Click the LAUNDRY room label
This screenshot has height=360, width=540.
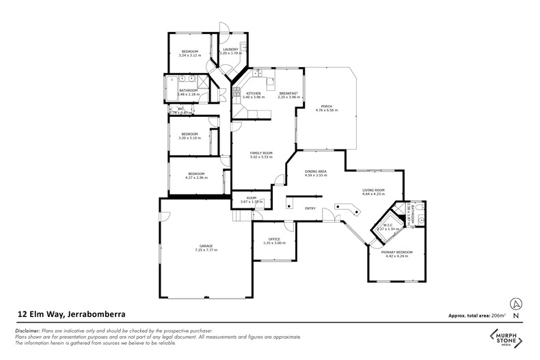click(230, 49)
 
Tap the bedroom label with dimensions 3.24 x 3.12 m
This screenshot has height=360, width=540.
click(189, 53)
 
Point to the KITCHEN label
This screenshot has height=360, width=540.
click(254, 94)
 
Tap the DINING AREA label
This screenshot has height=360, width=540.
click(315, 172)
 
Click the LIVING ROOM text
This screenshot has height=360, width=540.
click(373, 191)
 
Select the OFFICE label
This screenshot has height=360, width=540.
click(274, 239)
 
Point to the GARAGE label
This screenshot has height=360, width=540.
click(206, 246)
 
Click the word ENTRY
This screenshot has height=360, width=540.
click(310, 208)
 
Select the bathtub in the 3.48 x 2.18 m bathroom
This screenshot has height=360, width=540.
click(170, 88)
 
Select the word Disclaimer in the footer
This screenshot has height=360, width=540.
click(29, 329)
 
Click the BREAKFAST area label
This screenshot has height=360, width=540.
click(286, 94)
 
